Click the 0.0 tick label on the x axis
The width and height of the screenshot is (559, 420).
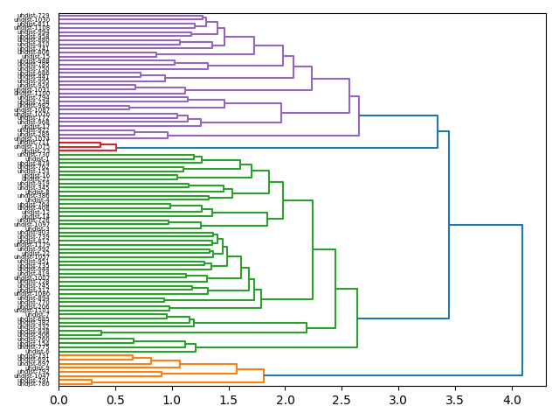59,400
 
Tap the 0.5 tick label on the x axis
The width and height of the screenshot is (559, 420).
115,400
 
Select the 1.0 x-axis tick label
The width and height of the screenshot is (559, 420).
172,400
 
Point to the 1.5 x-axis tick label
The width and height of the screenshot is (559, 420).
229,400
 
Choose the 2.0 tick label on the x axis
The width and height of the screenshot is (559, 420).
285,400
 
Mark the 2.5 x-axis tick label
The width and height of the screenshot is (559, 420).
342,400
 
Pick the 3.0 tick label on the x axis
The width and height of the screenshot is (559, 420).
398,400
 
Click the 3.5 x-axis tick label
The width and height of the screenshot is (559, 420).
455,400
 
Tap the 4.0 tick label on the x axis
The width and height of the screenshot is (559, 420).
511,400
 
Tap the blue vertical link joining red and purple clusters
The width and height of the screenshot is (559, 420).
438,131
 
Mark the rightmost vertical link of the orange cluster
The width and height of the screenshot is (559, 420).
264,376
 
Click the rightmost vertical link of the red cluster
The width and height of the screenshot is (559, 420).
116,147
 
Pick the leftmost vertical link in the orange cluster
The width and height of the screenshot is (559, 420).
92,381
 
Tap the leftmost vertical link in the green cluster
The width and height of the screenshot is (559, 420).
101,332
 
